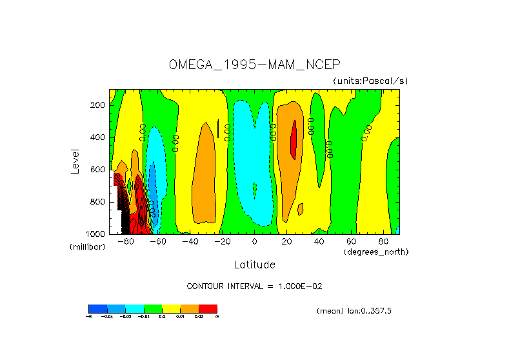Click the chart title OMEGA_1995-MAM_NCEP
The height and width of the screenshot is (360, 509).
(254, 65)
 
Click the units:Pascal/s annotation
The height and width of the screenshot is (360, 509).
(370, 81)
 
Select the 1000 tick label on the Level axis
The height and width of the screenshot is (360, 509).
(97, 234)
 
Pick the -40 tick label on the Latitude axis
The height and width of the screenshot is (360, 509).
(190, 241)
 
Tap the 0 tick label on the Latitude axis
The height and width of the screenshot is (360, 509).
(254, 241)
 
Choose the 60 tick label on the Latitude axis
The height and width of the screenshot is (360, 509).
(352, 241)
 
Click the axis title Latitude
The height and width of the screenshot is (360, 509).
(254, 265)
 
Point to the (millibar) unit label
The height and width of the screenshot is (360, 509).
(87, 247)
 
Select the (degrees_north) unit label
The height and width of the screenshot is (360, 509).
(376, 251)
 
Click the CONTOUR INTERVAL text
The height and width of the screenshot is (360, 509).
(259, 286)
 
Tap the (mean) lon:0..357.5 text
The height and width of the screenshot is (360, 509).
(354, 311)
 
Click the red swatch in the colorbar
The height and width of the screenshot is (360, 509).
(208, 308)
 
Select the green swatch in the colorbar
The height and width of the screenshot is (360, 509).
(152, 308)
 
